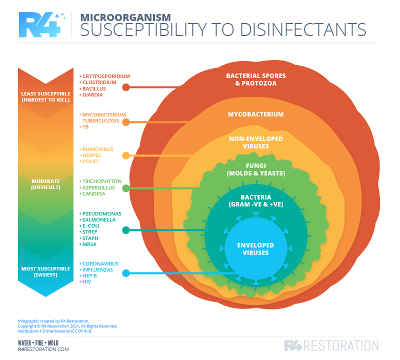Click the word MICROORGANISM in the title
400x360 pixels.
click(125, 17)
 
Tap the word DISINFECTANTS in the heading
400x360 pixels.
click(303, 30)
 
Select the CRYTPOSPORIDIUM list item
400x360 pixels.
click(106, 76)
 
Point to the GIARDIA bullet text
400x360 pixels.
click(92, 95)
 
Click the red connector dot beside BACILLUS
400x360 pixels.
click(126, 87)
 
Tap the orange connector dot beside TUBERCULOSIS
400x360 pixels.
click(126, 122)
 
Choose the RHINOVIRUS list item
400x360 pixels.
click(97, 149)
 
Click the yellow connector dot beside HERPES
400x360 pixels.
click(126, 155)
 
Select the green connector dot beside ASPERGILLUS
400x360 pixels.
click(126, 188)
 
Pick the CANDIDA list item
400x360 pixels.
click(93, 194)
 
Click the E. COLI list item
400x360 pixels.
click(90, 226)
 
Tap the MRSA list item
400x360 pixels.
click(89, 244)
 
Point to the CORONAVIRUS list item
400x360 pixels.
click(100, 264)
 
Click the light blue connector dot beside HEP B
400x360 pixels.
click(126, 273)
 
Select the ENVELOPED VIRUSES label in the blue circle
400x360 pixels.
click(255, 249)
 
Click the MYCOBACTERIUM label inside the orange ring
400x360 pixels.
click(256, 114)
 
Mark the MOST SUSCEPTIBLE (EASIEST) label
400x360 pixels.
click(45, 271)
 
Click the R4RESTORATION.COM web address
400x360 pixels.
click(43, 349)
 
